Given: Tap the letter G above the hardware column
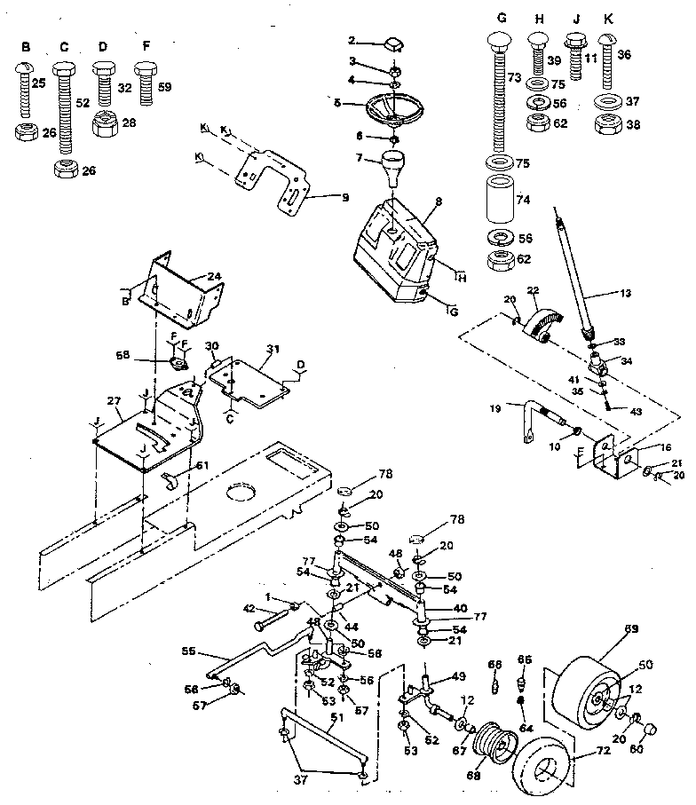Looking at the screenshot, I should point(502,17).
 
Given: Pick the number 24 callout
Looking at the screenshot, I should point(214,275).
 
